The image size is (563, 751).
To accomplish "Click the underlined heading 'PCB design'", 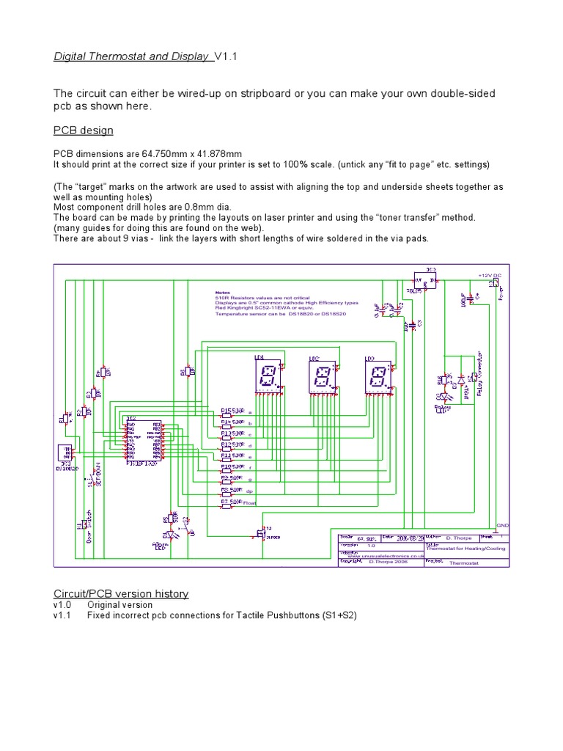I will (84, 131).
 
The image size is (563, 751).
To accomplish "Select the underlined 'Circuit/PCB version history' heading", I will (121, 593).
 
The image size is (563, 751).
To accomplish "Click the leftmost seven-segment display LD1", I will (267, 378).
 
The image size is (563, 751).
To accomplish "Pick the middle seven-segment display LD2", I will (320, 378).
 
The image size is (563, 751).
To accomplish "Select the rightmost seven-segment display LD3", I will (377, 378).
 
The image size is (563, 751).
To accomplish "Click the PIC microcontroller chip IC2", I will (143, 441).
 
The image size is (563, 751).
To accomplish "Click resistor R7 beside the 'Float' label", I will (227, 503).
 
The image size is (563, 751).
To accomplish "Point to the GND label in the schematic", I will (503, 526).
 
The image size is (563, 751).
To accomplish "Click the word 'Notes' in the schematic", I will (222, 291).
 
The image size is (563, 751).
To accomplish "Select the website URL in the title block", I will (382, 557).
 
